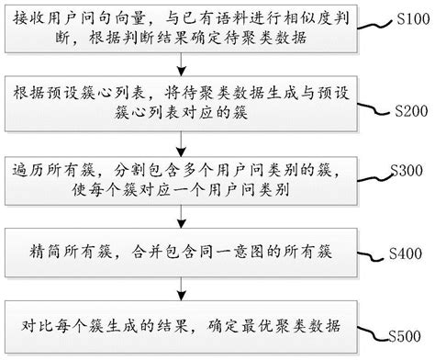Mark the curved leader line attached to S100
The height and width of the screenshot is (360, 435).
pyautogui.click(x=376, y=20)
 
